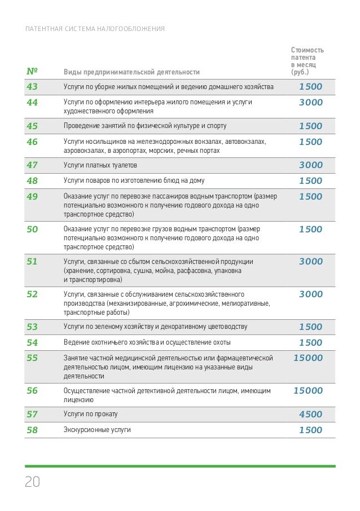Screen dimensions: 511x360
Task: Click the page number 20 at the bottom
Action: [32, 482]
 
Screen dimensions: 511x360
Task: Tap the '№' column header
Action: [32, 72]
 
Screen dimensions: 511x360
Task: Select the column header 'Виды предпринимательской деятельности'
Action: [132, 72]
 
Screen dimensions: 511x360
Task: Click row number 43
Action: [32, 87]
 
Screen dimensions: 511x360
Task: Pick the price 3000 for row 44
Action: [311, 103]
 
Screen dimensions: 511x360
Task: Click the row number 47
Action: [32, 165]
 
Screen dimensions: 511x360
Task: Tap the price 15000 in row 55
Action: [308, 358]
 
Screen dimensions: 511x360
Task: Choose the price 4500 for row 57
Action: [311, 414]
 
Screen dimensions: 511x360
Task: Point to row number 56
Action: [32, 390]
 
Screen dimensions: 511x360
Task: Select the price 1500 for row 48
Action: [311, 181]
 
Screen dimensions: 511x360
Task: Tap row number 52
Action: [32, 294]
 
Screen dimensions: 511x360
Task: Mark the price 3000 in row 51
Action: [311, 262]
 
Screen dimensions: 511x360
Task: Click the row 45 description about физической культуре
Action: [138, 126]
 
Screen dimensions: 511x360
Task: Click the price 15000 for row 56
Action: [308, 390]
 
